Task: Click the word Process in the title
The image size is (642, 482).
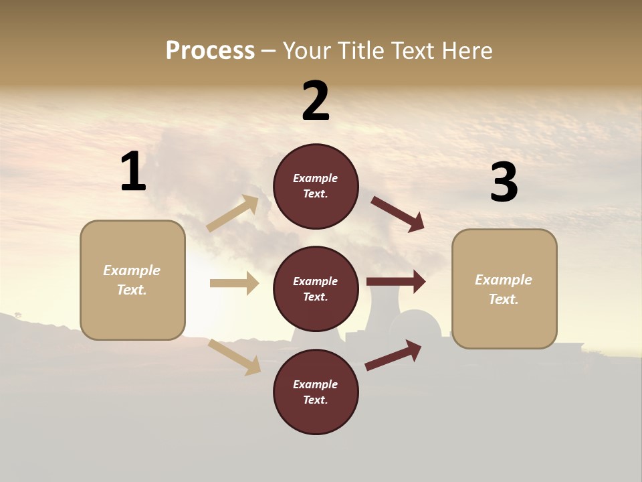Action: click(x=210, y=51)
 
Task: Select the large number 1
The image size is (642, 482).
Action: click(x=133, y=172)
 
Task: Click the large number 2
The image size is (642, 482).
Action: click(x=316, y=101)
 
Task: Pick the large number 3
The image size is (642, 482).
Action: click(x=504, y=182)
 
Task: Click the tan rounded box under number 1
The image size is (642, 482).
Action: click(x=132, y=280)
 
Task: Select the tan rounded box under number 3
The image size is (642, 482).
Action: click(x=504, y=289)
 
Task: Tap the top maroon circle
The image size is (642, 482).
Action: click(x=316, y=186)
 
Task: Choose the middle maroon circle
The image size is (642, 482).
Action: click(x=316, y=289)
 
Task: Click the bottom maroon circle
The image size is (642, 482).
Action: click(x=316, y=392)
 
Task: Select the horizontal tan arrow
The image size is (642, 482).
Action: click(x=234, y=283)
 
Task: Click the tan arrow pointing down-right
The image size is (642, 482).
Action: click(x=235, y=357)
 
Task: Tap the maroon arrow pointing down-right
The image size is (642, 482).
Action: click(x=398, y=214)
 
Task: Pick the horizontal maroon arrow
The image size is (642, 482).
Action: click(x=396, y=282)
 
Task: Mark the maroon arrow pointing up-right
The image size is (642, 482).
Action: click(x=393, y=355)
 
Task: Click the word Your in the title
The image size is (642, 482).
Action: click(x=306, y=51)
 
